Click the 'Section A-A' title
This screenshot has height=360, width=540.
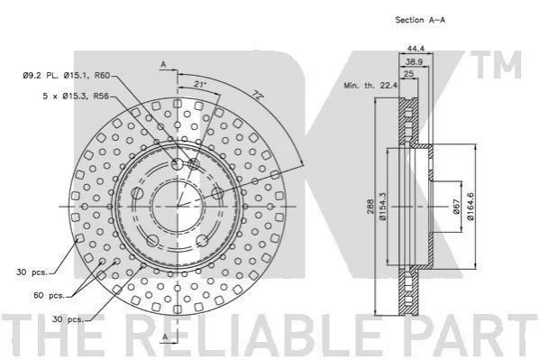420,20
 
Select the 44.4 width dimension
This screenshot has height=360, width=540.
416,49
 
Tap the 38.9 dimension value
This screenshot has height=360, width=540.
414,61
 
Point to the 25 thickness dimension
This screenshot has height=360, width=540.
408,74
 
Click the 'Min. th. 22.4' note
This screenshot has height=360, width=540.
371,85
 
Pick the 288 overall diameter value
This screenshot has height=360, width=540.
371,207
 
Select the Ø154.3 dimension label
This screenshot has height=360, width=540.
382,207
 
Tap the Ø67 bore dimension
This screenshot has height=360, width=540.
456,207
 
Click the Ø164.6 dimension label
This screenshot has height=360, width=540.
470,207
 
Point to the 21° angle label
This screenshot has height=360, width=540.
199,84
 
